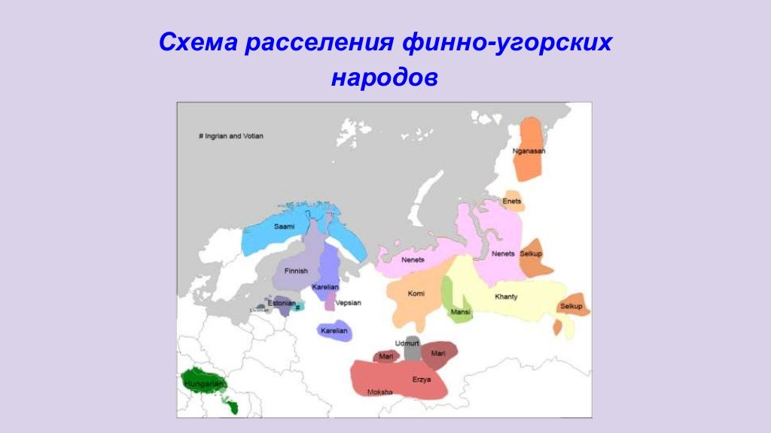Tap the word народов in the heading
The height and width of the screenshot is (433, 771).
point(384,77)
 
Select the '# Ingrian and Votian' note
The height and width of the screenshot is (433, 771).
point(230,136)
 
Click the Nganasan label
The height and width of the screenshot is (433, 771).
point(529,151)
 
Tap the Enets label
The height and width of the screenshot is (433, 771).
point(511,201)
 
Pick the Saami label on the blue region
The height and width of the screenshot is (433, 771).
point(284,226)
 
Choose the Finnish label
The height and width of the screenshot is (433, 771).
point(296,271)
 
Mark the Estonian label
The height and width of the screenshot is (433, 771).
point(281,303)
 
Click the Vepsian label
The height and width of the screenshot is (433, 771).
point(348,303)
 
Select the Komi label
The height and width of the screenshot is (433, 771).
point(416,293)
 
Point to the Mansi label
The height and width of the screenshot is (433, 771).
point(459,311)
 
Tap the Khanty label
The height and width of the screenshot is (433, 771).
point(506,297)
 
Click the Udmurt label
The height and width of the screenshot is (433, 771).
point(407,343)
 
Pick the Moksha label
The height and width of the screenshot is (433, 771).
point(379,392)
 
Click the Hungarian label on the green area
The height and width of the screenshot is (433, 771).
point(203,383)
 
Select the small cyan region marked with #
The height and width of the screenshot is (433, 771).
point(298,307)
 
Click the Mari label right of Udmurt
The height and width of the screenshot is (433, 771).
point(438,353)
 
